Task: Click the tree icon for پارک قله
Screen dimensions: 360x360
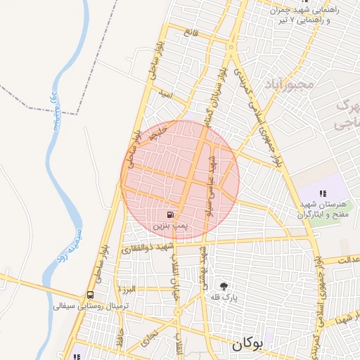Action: point(224,285)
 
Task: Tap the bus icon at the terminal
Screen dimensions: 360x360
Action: point(90,295)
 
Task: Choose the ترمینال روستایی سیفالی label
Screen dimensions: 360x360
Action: point(83,307)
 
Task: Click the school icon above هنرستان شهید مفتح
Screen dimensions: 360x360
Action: point(323,193)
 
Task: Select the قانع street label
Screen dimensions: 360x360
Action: point(191,33)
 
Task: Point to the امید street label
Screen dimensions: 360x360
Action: point(166,93)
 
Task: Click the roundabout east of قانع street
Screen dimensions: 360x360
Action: point(231,47)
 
